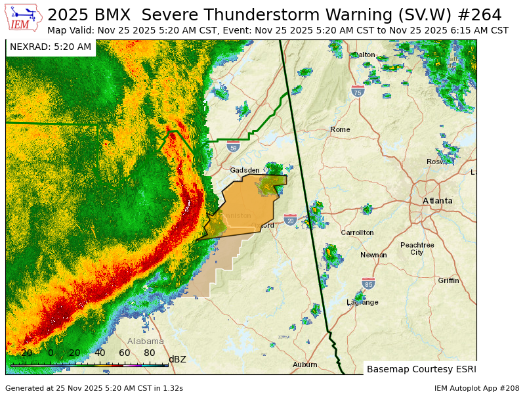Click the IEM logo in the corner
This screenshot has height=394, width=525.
24,18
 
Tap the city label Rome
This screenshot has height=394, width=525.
340,129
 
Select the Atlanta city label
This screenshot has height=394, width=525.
437,200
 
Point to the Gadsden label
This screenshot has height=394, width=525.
245,170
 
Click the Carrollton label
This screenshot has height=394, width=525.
357,232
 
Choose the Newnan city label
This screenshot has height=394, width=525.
373,255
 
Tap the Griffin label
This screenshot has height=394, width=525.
449,280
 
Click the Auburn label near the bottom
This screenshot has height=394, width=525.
305,364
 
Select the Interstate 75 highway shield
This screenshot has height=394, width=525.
358,91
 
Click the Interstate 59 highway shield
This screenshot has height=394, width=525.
233,146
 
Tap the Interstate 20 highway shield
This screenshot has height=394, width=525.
291,219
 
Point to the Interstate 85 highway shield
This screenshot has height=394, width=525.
369,283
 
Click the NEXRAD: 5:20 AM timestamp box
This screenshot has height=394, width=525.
51,47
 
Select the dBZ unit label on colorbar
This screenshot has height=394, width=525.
177,359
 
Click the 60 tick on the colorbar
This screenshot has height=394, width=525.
124,353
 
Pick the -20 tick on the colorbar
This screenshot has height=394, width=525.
24,353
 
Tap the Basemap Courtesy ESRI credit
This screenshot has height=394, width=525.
421,368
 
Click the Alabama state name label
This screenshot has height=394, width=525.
146,341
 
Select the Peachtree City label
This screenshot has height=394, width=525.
417,248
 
